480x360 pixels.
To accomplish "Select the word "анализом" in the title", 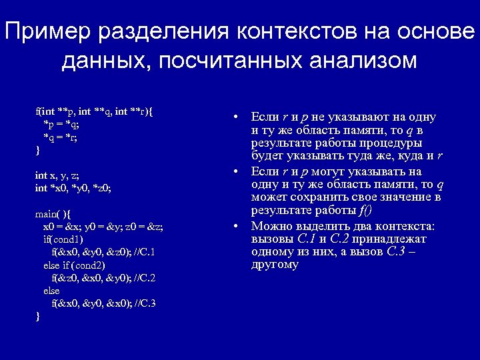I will click(x=363, y=61).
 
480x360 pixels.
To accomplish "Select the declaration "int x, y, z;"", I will click(x=57, y=175).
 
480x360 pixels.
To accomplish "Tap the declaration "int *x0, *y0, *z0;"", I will click(x=73, y=188).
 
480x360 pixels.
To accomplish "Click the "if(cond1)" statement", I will click(x=63, y=239).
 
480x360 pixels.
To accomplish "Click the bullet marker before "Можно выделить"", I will click(x=236, y=227).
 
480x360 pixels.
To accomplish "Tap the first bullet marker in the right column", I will click(x=236, y=117).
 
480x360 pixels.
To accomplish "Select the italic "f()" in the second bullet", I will click(x=365, y=211).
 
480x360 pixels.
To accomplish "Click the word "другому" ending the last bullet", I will click(x=275, y=265).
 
